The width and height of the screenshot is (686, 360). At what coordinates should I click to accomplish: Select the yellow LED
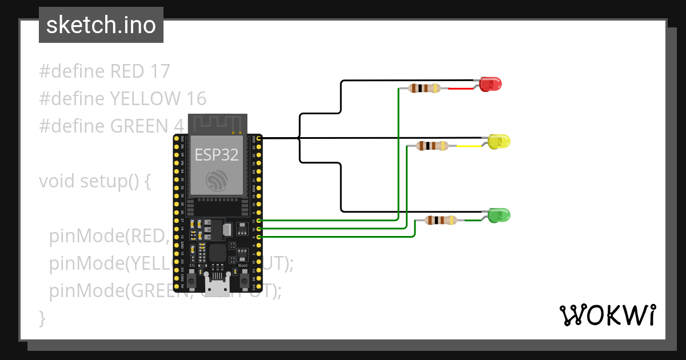499,141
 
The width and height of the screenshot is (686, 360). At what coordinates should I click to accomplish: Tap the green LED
499,215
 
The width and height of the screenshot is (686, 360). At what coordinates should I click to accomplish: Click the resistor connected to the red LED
424,88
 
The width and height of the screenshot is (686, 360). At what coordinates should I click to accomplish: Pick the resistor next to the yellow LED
433,146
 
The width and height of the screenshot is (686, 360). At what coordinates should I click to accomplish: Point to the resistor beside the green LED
441,220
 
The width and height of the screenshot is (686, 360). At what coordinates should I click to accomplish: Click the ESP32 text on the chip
217,155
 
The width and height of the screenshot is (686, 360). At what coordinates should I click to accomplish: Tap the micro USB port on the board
217,289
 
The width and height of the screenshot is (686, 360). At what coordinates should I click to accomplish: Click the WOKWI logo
607,315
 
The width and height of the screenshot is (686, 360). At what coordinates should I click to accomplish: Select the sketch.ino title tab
101,25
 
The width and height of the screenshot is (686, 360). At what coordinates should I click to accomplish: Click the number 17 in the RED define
160,71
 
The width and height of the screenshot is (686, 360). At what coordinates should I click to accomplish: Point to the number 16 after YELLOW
196,99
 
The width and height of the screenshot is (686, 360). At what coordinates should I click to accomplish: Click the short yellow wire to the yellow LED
469,146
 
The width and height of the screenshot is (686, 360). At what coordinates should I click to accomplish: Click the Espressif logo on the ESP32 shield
217,182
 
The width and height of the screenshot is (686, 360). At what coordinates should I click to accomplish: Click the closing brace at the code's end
42,317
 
